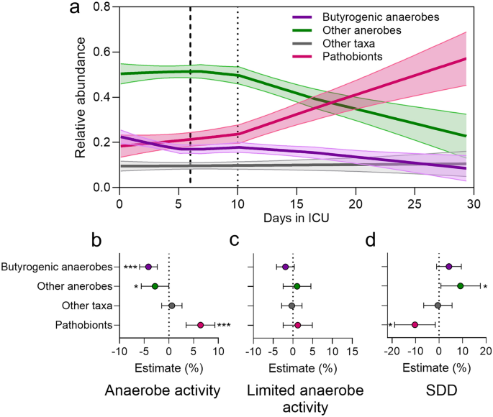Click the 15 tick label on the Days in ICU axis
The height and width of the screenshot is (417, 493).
[x=297, y=204]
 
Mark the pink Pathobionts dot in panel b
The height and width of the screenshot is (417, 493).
[x=200, y=325]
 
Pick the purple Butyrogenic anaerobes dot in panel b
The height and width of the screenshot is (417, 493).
[x=148, y=267]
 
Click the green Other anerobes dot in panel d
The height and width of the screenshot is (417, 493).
[x=461, y=286]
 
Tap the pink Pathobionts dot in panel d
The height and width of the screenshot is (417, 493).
[x=415, y=325]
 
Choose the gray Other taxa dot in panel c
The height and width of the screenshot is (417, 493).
[x=291, y=306]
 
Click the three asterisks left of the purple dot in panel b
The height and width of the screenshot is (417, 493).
[x=130, y=268]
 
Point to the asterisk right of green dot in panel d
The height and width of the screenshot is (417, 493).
[x=486, y=288]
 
